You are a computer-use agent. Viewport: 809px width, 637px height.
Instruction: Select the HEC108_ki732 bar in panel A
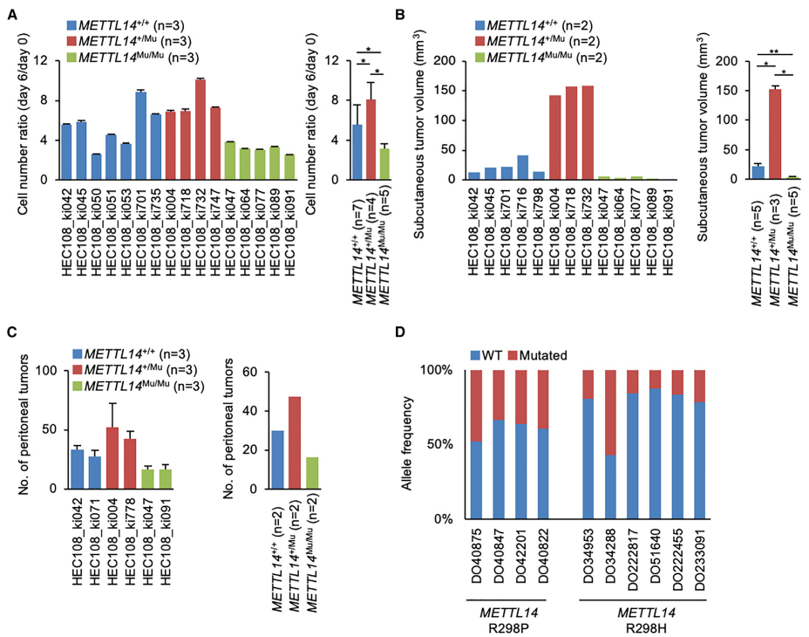(201, 129)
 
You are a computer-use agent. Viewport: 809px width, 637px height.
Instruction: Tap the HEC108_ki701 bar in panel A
(141, 136)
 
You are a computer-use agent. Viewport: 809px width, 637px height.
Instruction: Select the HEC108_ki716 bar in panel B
(522, 168)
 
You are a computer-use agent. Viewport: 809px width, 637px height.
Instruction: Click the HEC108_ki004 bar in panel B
(554, 137)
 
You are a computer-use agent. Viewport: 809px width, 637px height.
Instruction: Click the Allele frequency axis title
(407, 445)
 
